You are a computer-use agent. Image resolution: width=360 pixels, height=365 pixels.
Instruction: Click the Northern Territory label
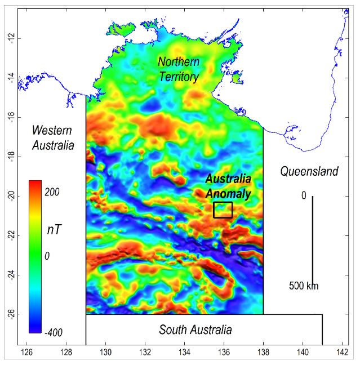[179, 69]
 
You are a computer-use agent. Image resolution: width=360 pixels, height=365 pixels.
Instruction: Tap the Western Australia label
[52, 137]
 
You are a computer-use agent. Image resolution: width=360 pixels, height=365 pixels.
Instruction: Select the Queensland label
[309, 171]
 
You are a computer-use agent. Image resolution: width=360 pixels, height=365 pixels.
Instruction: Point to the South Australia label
[195, 330]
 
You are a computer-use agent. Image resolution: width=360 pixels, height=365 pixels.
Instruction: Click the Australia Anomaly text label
[228, 186]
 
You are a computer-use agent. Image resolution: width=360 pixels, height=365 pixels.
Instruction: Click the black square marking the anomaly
[223, 210]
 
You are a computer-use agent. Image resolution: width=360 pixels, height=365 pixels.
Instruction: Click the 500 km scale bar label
[304, 286]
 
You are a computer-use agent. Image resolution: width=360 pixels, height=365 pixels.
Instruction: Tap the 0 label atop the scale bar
[303, 196]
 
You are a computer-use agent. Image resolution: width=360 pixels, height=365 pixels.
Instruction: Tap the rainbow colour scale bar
[35, 256]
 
